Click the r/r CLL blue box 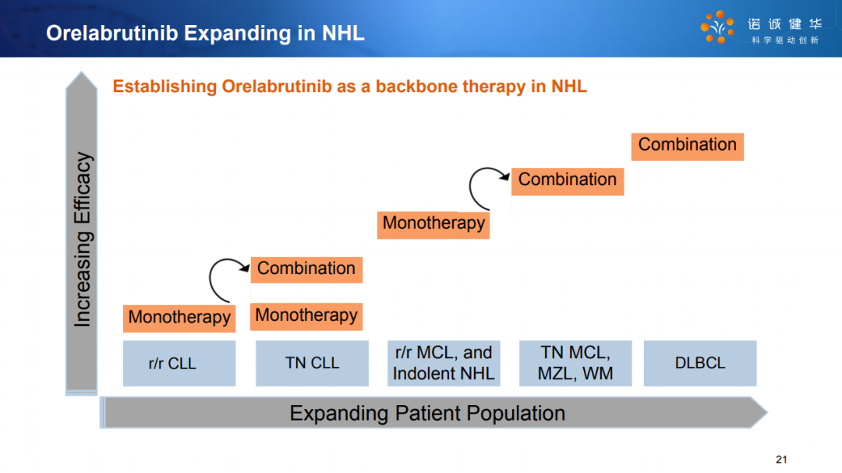[179, 364]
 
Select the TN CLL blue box [312, 364]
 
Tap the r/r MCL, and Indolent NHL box [444, 364]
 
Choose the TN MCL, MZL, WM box [575, 364]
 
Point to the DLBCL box [700, 364]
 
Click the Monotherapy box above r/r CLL [179, 318]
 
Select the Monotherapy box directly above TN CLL [306, 317]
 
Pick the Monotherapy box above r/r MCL [433, 225]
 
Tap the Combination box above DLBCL [688, 147]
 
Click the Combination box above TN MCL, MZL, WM [568, 182]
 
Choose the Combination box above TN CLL [306, 269]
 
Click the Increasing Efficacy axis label [83, 240]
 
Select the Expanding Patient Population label [427, 414]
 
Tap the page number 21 [781, 460]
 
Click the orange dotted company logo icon [717, 27]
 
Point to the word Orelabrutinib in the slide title [111, 34]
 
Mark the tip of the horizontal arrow [767, 412]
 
